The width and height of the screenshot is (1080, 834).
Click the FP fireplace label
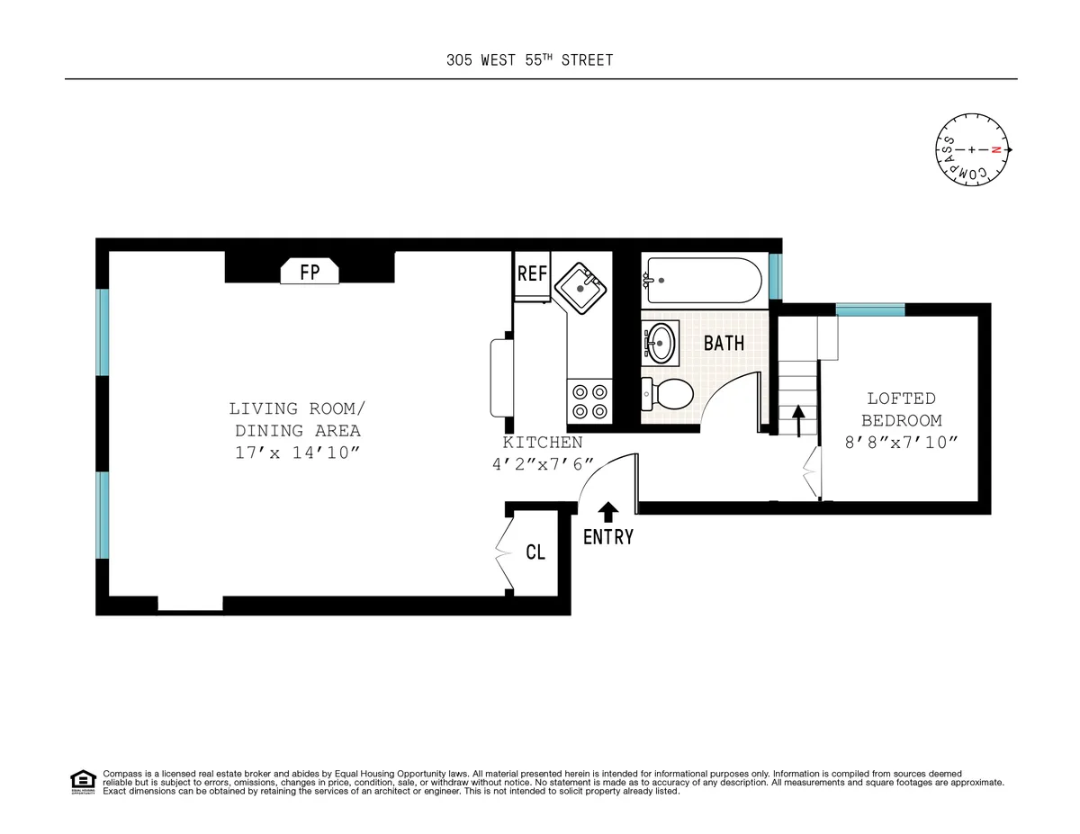tap(309, 272)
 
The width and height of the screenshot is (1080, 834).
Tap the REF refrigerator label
tap(532, 274)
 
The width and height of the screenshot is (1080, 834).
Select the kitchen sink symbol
tap(581, 288)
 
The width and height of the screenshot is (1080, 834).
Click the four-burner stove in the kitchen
tap(589, 401)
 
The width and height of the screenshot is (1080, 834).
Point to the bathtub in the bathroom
tap(703, 281)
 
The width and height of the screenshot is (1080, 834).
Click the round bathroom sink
tap(661, 342)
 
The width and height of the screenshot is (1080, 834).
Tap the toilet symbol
tap(668, 393)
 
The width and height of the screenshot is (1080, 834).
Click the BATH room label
tap(724, 343)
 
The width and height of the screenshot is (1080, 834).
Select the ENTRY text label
tap(608, 537)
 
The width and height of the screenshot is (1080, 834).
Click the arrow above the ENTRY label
tap(608, 512)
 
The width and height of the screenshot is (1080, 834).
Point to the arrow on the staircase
tap(796, 419)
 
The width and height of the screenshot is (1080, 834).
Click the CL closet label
tap(535, 552)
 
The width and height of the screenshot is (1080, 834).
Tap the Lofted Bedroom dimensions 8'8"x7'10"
tap(901, 442)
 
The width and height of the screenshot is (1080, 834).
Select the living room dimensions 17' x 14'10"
tap(297, 453)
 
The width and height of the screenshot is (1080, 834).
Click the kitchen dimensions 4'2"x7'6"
tap(543, 464)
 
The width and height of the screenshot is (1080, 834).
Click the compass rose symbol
tap(973, 149)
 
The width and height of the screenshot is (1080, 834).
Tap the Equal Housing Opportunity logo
tap(83, 782)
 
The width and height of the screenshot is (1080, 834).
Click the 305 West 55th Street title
tap(529, 60)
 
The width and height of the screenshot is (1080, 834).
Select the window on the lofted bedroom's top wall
tap(869, 309)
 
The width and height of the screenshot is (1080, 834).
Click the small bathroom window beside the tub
tap(775, 277)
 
